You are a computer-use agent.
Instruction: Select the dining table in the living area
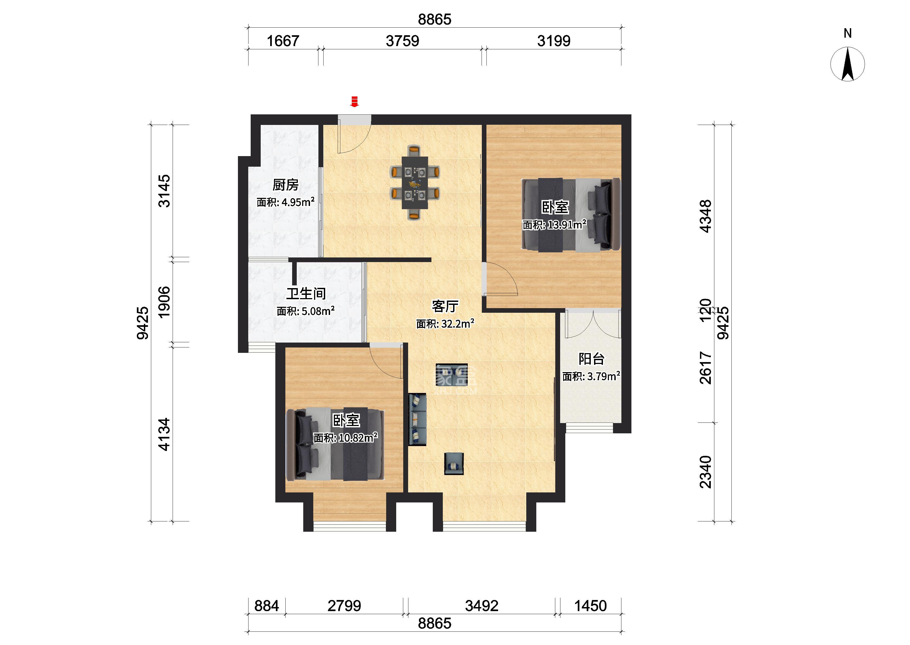[x=415, y=182]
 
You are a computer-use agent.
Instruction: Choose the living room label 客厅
[x=445, y=306]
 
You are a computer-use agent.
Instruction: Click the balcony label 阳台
[x=591, y=359]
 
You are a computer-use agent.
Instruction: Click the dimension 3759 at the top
[x=402, y=41]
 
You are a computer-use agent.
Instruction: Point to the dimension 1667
[x=283, y=41]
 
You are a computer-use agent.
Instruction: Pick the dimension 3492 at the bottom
[x=482, y=606]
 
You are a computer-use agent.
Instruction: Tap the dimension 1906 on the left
[x=164, y=302]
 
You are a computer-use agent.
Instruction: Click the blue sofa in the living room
[x=417, y=420]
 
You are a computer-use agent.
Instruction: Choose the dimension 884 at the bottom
[x=266, y=606]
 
